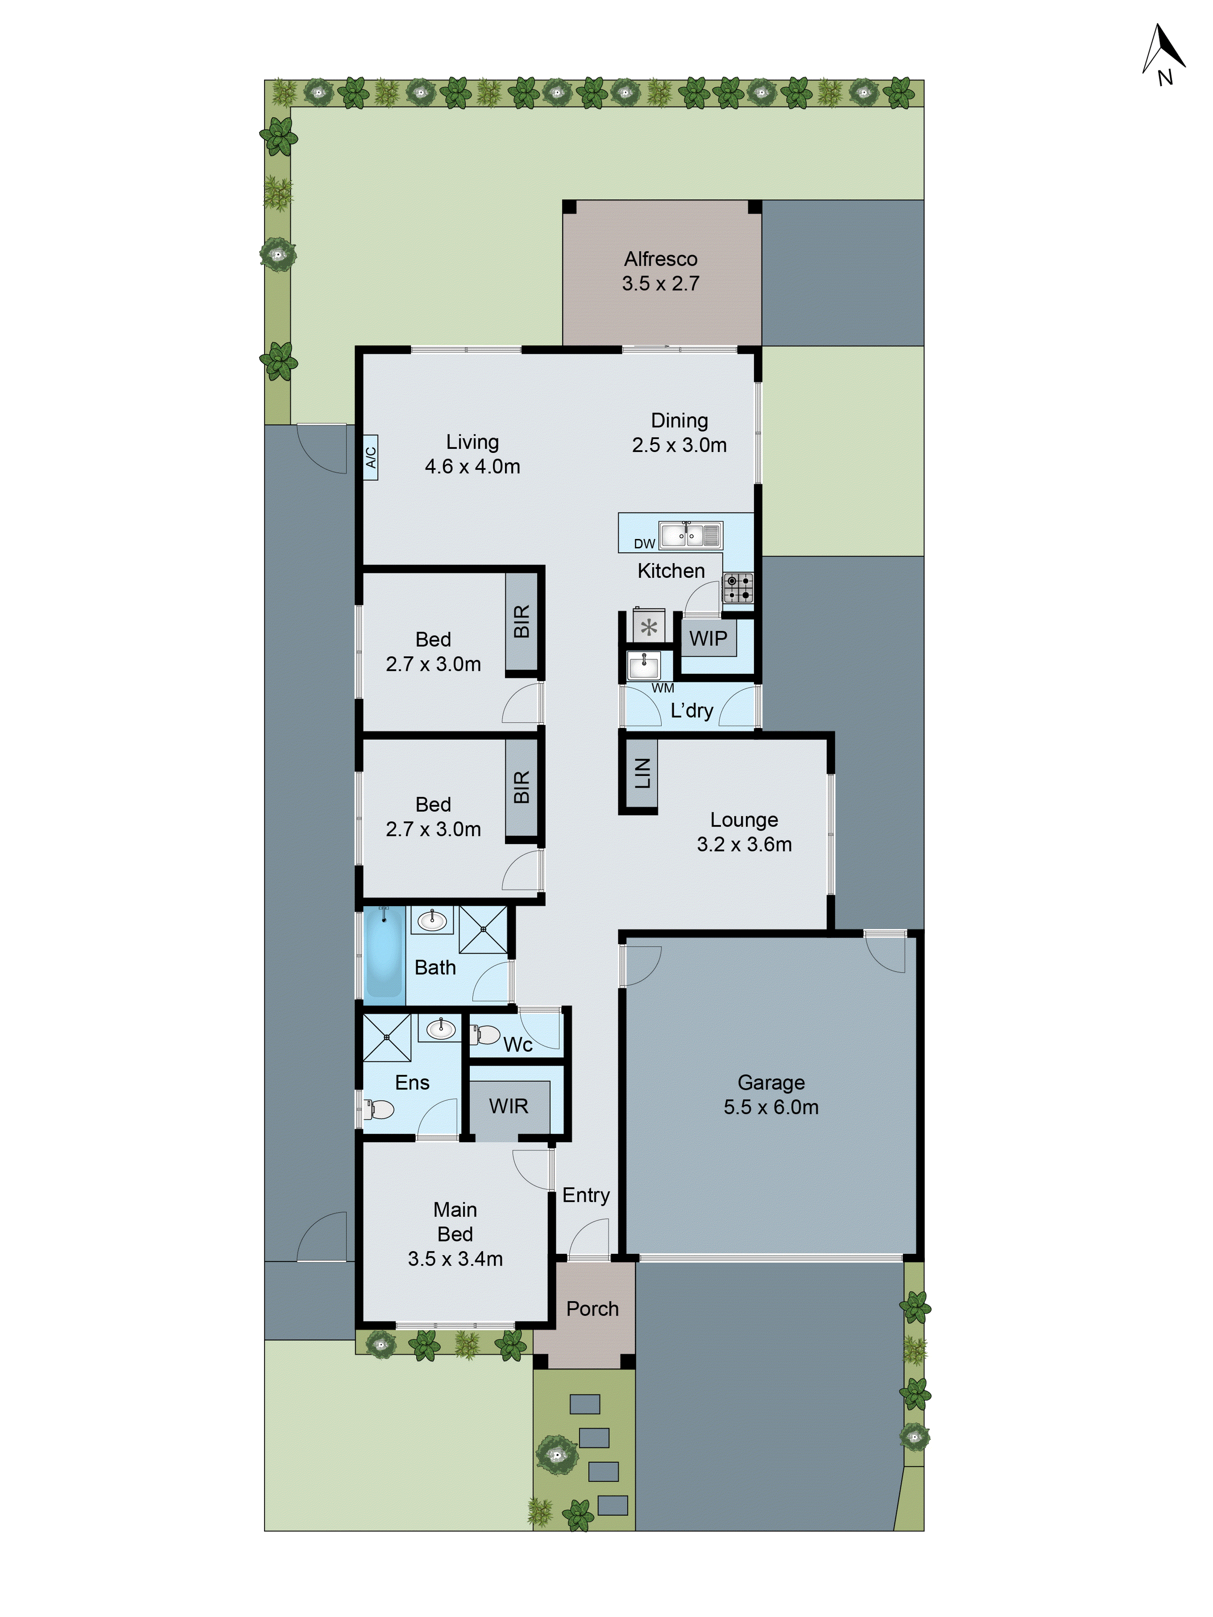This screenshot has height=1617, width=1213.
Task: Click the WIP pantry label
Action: click(x=708, y=638)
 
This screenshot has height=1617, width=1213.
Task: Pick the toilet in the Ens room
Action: click(x=379, y=1109)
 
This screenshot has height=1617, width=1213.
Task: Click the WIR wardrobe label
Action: click(x=508, y=1106)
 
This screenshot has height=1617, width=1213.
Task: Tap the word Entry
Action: click(x=585, y=1195)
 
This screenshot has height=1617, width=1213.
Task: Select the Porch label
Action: click(x=592, y=1308)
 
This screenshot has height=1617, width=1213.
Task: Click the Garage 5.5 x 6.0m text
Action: click(x=771, y=1094)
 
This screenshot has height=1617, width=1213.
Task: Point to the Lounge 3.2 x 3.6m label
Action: click(x=744, y=832)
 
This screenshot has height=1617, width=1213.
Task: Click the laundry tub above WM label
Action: click(x=643, y=665)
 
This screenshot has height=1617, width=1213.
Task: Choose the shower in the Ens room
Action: click(x=387, y=1037)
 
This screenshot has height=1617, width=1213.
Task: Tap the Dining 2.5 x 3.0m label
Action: click(x=679, y=433)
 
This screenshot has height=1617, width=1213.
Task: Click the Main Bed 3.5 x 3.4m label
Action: click(x=455, y=1234)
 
